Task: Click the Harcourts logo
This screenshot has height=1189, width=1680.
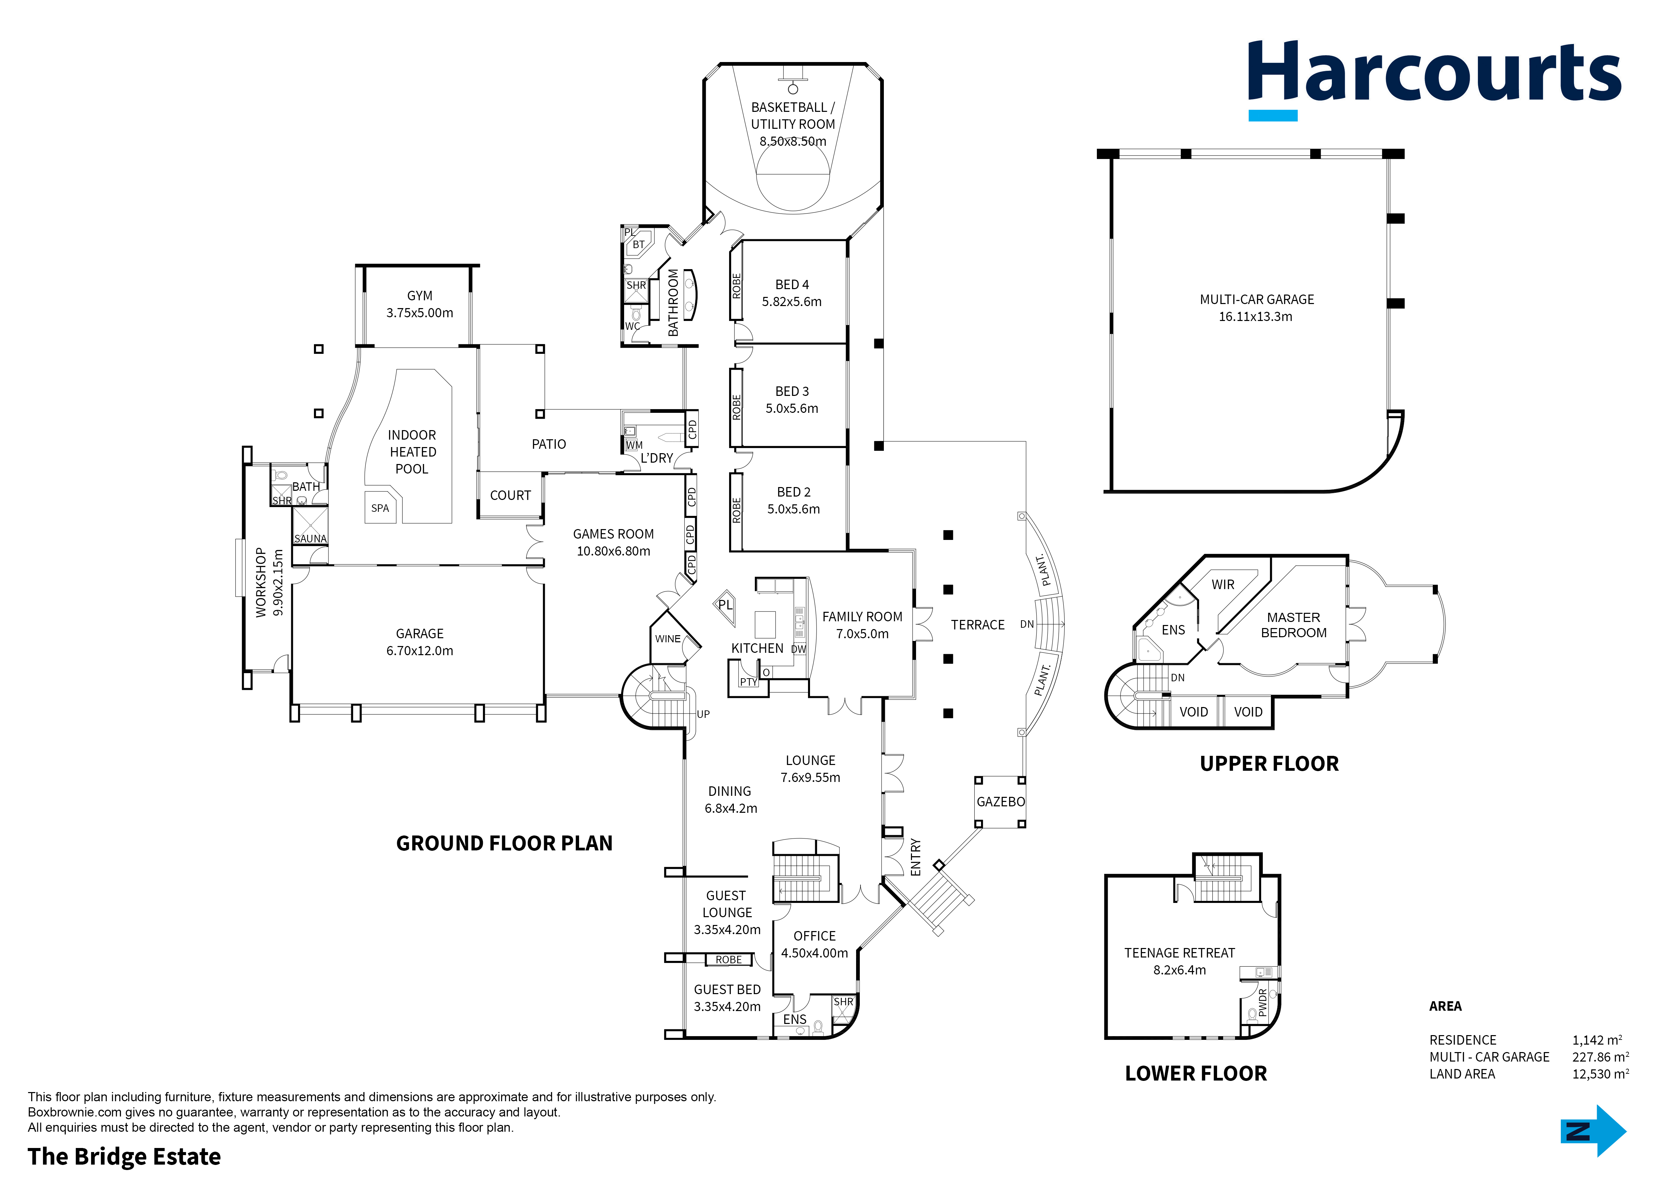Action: tap(1434, 79)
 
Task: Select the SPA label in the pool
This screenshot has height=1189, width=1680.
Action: tap(380, 508)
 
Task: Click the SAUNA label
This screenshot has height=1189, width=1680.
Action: tap(310, 539)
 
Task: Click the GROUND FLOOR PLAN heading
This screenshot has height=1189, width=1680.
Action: tap(504, 843)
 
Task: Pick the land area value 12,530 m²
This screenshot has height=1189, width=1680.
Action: tap(1600, 1074)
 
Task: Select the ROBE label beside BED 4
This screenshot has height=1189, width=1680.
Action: tap(737, 285)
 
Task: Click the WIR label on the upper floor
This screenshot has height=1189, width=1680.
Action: tap(1223, 584)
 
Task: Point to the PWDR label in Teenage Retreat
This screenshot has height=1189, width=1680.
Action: tap(1262, 1002)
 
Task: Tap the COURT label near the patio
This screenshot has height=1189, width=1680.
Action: tap(510, 496)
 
